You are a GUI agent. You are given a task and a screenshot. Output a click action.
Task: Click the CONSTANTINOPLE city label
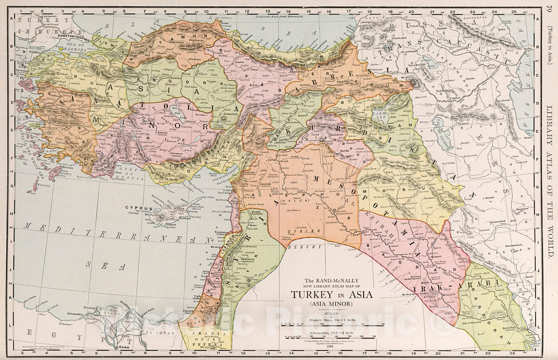[x=72, y=36]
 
